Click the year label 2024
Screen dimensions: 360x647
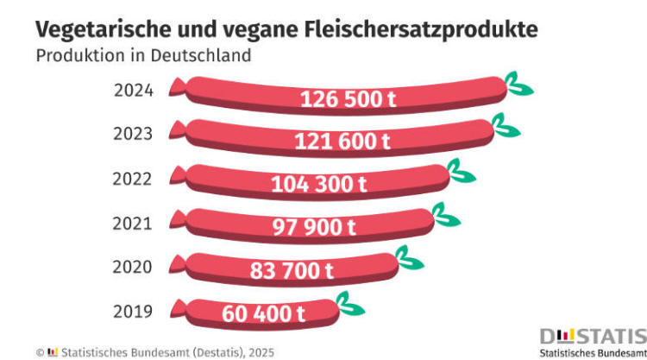[133, 91]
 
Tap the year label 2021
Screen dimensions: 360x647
[133, 224]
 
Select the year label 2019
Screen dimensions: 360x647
[133, 312]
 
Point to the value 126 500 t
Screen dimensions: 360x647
[349, 99]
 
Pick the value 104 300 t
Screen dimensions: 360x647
[319, 185]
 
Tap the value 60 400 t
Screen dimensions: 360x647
[263, 313]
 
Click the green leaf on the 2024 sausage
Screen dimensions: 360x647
[520, 85]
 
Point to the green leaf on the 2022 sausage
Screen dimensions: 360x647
[462, 173]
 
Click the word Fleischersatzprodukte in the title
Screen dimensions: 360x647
[422, 28]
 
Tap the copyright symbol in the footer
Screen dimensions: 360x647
[40, 352]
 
